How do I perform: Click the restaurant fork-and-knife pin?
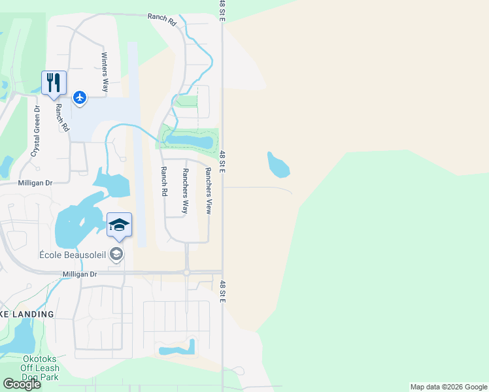click(x=54, y=83)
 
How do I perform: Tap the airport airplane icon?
click(x=80, y=98)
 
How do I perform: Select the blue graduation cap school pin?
click(x=118, y=225)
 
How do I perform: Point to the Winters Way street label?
click(x=104, y=73)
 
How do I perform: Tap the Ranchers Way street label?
click(x=185, y=191)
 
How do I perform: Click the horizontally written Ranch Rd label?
click(x=162, y=20)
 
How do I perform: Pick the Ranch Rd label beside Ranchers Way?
click(x=163, y=181)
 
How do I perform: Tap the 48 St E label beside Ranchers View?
click(x=222, y=162)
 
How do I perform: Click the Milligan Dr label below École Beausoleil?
click(x=80, y=274)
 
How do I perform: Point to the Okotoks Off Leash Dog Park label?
click(x=31, y=368)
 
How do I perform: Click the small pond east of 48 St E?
click(x=278, y=164)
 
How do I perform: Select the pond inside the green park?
click(x=189, y=139)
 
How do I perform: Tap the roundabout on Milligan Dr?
click(x=187, y=272)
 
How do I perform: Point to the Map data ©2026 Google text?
click(x=448, y=387)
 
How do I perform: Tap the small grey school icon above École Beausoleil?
click(x=116, y=254)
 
